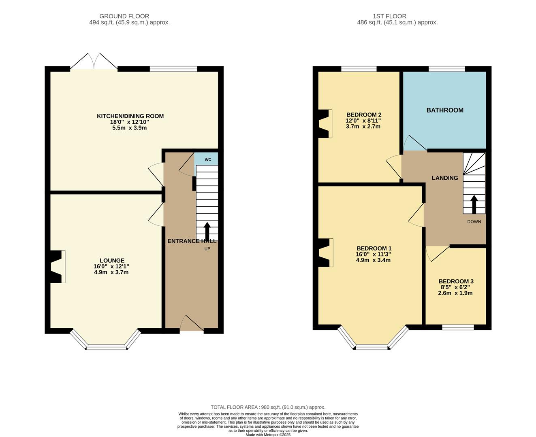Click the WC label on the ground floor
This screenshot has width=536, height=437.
tap(208, 160)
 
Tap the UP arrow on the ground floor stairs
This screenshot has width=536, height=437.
tap(207, 231)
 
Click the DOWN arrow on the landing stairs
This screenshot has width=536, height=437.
tap(474, 204)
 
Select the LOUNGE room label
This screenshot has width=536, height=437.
tap(112, 261)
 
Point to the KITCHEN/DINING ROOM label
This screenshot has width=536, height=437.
tap(130, 116)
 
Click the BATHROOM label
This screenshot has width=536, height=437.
tap(444, 110)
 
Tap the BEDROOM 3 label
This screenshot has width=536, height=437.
tap(456, 281)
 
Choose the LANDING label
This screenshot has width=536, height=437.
tap(444, 178)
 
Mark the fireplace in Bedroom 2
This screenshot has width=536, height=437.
tap(325, 124)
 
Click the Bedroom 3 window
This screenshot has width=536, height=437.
tap(458, 327)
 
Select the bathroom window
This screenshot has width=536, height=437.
tap(447, 69)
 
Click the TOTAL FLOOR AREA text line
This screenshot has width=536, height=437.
tap(268, 407)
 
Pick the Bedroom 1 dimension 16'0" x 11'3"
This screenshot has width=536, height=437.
tap(373, 254)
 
